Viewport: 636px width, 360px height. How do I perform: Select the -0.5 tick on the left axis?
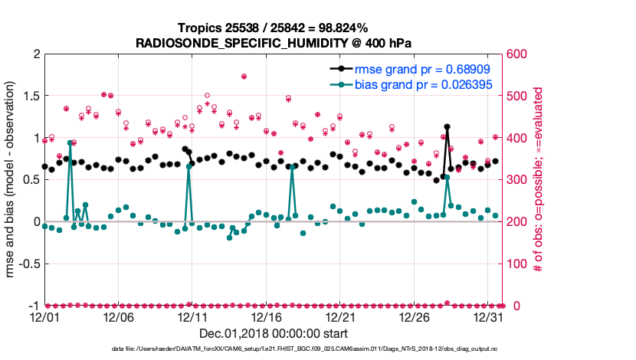point(28,263)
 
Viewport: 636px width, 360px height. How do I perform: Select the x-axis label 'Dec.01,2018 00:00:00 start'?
point(274,333)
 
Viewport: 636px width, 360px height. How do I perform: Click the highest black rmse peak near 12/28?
point(447,127)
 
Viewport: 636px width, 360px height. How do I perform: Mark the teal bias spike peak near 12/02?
point(70,142)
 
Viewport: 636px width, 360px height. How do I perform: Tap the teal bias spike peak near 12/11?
point(189,166)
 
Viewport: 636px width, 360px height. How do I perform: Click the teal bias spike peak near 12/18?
point(292,166)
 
